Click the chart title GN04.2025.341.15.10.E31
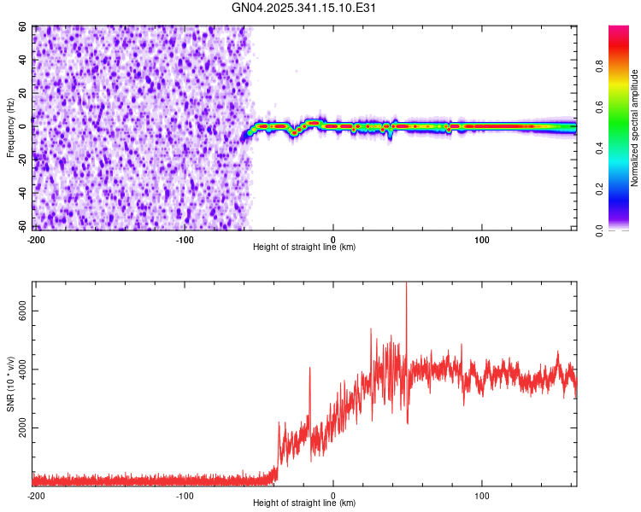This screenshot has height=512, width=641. (x=304, y=8)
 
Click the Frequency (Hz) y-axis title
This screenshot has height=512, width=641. (x=11, y=129)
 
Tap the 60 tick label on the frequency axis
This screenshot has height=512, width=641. (x=24, y=28)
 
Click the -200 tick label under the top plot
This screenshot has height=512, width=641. (x=36, y=237)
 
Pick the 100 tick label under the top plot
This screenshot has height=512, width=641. (x=481, y=237)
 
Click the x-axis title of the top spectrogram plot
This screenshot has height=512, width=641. (x=304, y=247)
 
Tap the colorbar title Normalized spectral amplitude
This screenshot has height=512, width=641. (x=634, y=129)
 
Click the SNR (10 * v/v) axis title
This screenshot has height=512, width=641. (x=11, y=384)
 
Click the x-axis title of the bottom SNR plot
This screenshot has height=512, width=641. (x=304, y=504)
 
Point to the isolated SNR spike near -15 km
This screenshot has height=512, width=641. (x=309, y=369)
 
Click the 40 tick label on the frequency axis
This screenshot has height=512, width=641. (x=24, y=61)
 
